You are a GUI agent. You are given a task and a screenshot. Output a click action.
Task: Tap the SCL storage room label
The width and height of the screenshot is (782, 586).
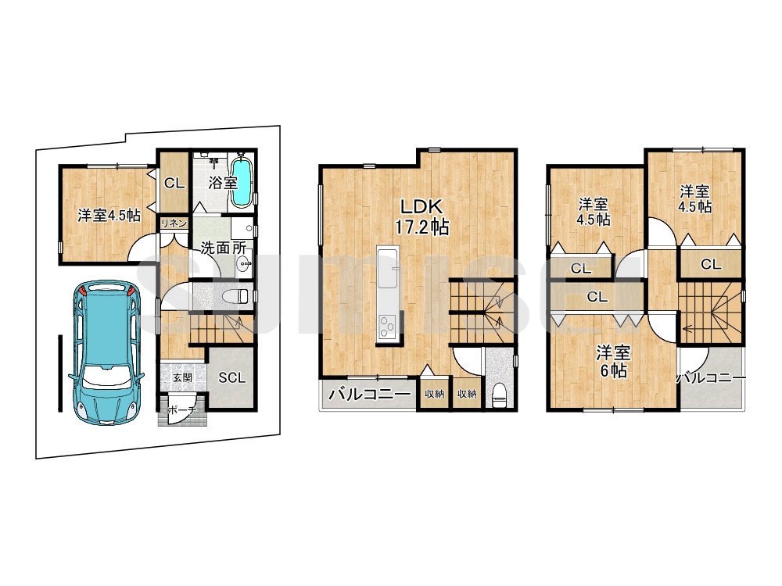pos(232,377)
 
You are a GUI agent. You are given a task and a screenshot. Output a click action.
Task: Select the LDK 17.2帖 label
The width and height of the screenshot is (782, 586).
pos(422,216)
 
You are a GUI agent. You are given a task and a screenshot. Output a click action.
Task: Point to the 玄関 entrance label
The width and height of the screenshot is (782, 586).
pos(182,377)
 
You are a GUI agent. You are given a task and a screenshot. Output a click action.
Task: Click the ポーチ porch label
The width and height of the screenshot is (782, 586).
pos(181,411)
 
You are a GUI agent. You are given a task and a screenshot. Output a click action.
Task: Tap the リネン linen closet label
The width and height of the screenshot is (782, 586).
pos(174,223)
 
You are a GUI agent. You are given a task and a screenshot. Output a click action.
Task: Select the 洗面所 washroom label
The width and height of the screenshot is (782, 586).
pos(223,248)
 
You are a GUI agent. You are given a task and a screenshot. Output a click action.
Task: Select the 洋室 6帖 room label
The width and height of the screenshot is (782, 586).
pos(614,362)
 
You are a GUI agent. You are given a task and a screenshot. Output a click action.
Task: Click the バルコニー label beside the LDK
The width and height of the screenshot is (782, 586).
pos(370,395)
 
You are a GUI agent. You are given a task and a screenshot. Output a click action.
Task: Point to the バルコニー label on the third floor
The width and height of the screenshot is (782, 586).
pos(711,378)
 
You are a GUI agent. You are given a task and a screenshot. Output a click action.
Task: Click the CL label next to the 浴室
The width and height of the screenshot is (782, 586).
pos(174,183)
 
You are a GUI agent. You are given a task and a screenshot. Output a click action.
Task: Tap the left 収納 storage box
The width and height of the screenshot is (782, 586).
pos(434,394)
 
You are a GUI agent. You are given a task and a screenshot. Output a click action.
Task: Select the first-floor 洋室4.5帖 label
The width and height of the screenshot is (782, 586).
pos(109,216)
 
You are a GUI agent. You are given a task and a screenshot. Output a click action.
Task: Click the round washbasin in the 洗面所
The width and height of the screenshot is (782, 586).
pos(243,265)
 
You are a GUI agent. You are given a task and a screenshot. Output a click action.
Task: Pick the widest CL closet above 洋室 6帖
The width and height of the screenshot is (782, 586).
pos(597,297)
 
